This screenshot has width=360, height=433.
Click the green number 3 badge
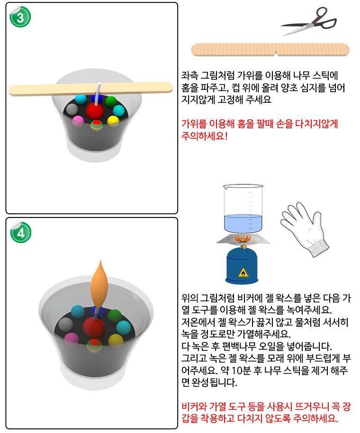point(20,17)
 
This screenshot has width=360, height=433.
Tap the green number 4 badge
point(20,233)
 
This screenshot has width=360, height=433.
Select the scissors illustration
point(309,21)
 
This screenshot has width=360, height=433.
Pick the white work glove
point(303,230)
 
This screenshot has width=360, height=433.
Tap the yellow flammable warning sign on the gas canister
point(243,272)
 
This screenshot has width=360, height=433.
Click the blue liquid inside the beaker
point(243,223)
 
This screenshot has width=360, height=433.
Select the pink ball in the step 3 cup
point(78,121)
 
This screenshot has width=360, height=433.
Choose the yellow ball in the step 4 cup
point(116,340)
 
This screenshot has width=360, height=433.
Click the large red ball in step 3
point(94,111)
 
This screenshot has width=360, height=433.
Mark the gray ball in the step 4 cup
point(65,324)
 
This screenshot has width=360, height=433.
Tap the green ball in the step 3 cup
point(111,102)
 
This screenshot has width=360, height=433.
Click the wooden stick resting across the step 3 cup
point(91,89)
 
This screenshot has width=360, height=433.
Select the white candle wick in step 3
point(98,94)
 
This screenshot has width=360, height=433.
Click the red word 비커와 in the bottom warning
point(194,406)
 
